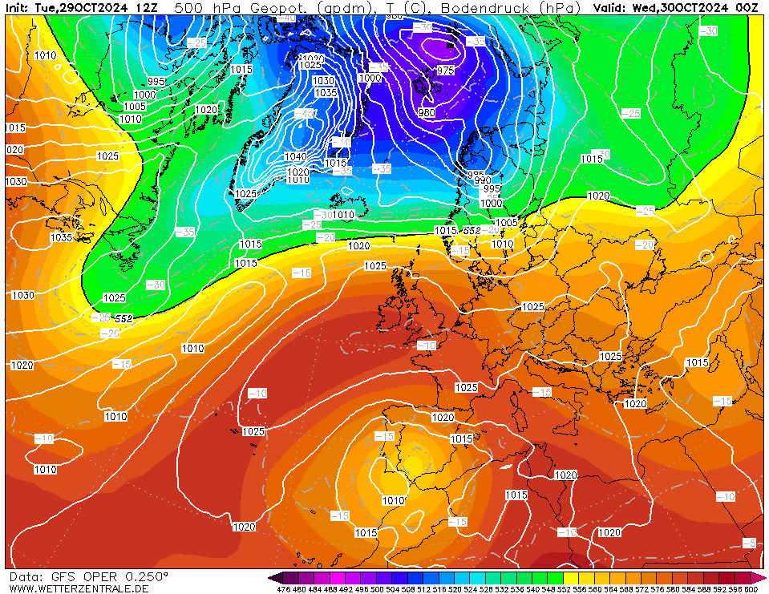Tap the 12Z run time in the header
(x=147, y=7)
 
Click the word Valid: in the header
(x=611, y=7)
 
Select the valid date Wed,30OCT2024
(x=683, y=7)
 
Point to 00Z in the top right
(x=747, y=7)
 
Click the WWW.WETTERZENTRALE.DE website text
(x=79, y=588)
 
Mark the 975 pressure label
(x=446, y=71)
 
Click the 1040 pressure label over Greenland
(x=296, y=156)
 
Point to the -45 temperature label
(x=306, y=115)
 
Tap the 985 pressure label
(x=476, y=175)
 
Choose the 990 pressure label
(x=483, y=181)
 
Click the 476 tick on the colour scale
(x=283, y=589)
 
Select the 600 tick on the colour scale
(x=751, y=589)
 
